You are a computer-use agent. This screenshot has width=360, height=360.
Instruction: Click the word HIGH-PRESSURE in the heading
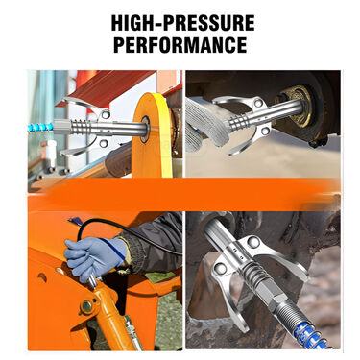(x=182, y=23)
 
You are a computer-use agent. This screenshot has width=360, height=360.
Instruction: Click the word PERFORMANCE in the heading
(x=180, y=45)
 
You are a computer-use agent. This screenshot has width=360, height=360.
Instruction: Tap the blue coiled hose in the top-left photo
(x=40, y=128)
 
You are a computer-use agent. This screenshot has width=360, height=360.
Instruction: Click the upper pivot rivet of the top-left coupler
(x=105, y=114)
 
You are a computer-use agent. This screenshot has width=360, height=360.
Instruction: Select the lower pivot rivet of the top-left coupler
(x=103, y=143)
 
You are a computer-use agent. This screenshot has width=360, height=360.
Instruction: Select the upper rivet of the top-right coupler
(x=258, y=103)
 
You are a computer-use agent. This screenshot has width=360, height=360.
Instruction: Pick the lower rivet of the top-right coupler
(x=265, y=131)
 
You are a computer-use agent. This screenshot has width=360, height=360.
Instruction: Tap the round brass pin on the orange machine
(x=87, y=306)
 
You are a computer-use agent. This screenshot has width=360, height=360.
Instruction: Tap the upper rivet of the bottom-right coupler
(x=252, y=242)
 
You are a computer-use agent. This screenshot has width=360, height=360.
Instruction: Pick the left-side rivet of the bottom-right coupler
(x=220, y=268)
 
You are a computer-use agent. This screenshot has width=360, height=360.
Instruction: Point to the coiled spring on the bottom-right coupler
(x=252, y=274)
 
